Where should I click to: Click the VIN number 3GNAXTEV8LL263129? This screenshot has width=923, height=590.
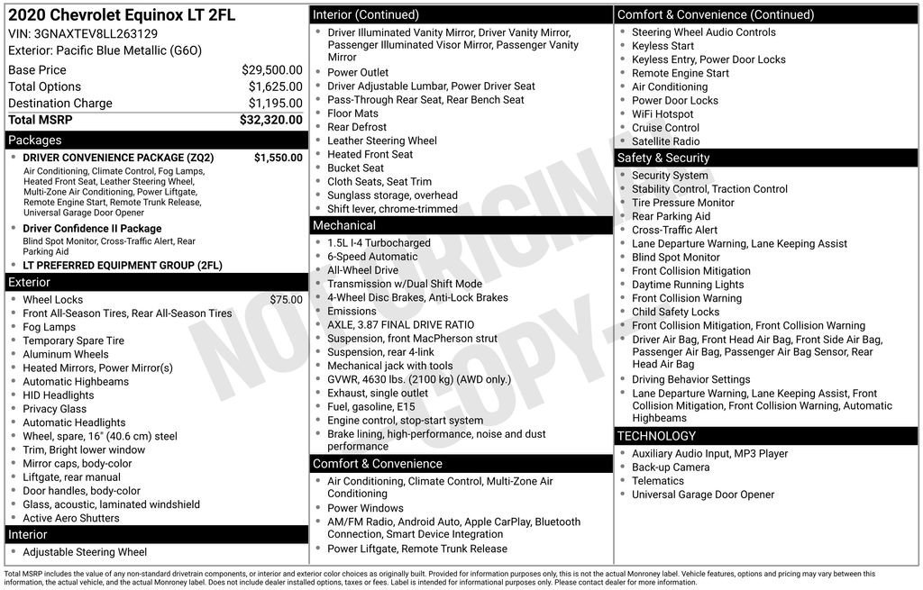pyautogui.click(x=95, y=33)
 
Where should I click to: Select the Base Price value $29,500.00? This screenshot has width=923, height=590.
pyautogui.click(x=271, y=69)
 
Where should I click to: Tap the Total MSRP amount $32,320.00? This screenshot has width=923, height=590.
pyautogui.click(x=270, y=120)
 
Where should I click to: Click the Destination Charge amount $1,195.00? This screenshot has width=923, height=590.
pyautogui.click(x=275, y=104)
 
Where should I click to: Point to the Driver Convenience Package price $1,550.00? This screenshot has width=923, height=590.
pyautogui.click(x=278, y=158)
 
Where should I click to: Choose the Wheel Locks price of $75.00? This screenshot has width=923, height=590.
pyautogui.click(x=286, y=300)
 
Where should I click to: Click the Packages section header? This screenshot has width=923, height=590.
pyautogui.click(x=35, y=140)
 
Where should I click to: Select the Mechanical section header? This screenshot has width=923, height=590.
pyautogui.click(x=344, y=225)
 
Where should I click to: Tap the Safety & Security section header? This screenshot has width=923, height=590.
pyautogui.click(x=663, y=158)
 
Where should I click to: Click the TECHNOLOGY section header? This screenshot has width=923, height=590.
pyautogui.click(x=657, y=436)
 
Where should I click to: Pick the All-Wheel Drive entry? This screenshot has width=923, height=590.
pyautogui.click(x=362, y=270)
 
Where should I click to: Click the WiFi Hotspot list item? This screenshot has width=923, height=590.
pyautogui.click(x=663, y=114)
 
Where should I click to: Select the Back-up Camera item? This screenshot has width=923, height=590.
pyautogui.click(x=671, y=467)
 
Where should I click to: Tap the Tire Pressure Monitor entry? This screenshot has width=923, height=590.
pyautogui.click(x=683, y=203)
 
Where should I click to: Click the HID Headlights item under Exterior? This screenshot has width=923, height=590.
pyautogui.click(x=59, y=395)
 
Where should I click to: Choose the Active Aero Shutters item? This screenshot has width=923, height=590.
pyautogui.click(x=71, y=518)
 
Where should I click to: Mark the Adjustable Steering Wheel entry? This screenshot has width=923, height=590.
pyautogui.click(x=85, y=552)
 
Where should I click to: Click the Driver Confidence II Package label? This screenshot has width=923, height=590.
pyautogui.click(x=92, y=229)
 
